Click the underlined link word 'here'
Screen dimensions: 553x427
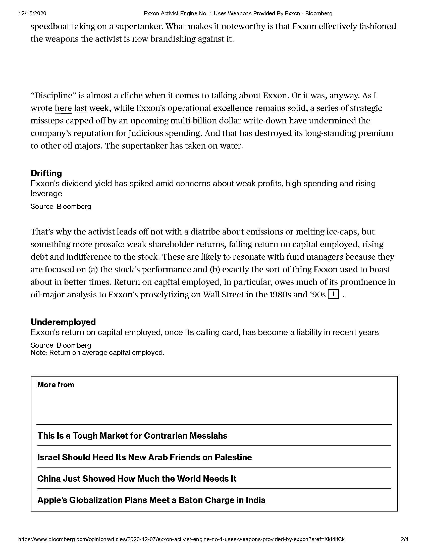(x=63, y=108)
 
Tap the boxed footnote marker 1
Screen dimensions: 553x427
(x=333, y=294)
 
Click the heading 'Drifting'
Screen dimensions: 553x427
(x=46, y=173)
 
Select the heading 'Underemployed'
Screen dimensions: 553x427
(x=63, y=322)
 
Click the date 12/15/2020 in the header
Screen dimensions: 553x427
(x=32, y=14)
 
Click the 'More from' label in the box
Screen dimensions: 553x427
(x=56, y=385)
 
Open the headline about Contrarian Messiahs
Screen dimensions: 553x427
(x=132, y=436)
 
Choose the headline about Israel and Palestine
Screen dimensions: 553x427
(x=145, y=457)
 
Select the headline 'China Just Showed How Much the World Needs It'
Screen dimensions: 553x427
(x=137, y=479)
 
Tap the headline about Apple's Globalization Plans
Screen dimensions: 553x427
(x=151, y=500)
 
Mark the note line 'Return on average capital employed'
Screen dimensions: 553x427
(x=97, y=352)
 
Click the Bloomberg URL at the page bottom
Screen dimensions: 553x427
(x=181, y=539)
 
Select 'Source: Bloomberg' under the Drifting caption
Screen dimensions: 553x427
(x=61, y=207)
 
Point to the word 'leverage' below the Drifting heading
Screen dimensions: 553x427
(x=46, y=194)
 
